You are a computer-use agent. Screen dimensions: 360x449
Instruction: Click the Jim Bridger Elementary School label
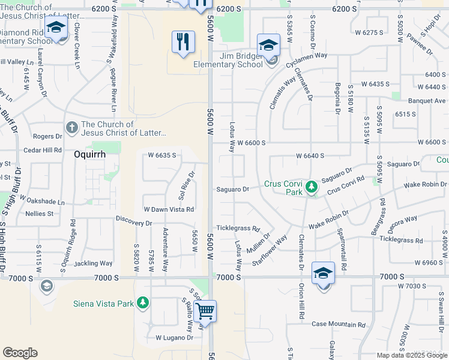232,61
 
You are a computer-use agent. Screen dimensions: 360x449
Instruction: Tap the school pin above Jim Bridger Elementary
268,45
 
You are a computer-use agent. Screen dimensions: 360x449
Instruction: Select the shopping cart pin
205,311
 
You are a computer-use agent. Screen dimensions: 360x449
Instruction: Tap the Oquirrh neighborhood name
89,154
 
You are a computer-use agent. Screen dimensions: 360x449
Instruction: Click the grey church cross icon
71,127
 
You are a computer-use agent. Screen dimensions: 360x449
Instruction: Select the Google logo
20,353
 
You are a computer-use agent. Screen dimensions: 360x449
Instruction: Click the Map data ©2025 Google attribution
411,355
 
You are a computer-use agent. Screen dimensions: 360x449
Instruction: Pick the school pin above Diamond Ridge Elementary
56,28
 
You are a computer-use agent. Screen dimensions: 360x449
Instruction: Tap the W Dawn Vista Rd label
168,209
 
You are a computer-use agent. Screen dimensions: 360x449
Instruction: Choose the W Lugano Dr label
174,338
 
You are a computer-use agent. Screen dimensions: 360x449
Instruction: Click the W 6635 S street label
162,155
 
